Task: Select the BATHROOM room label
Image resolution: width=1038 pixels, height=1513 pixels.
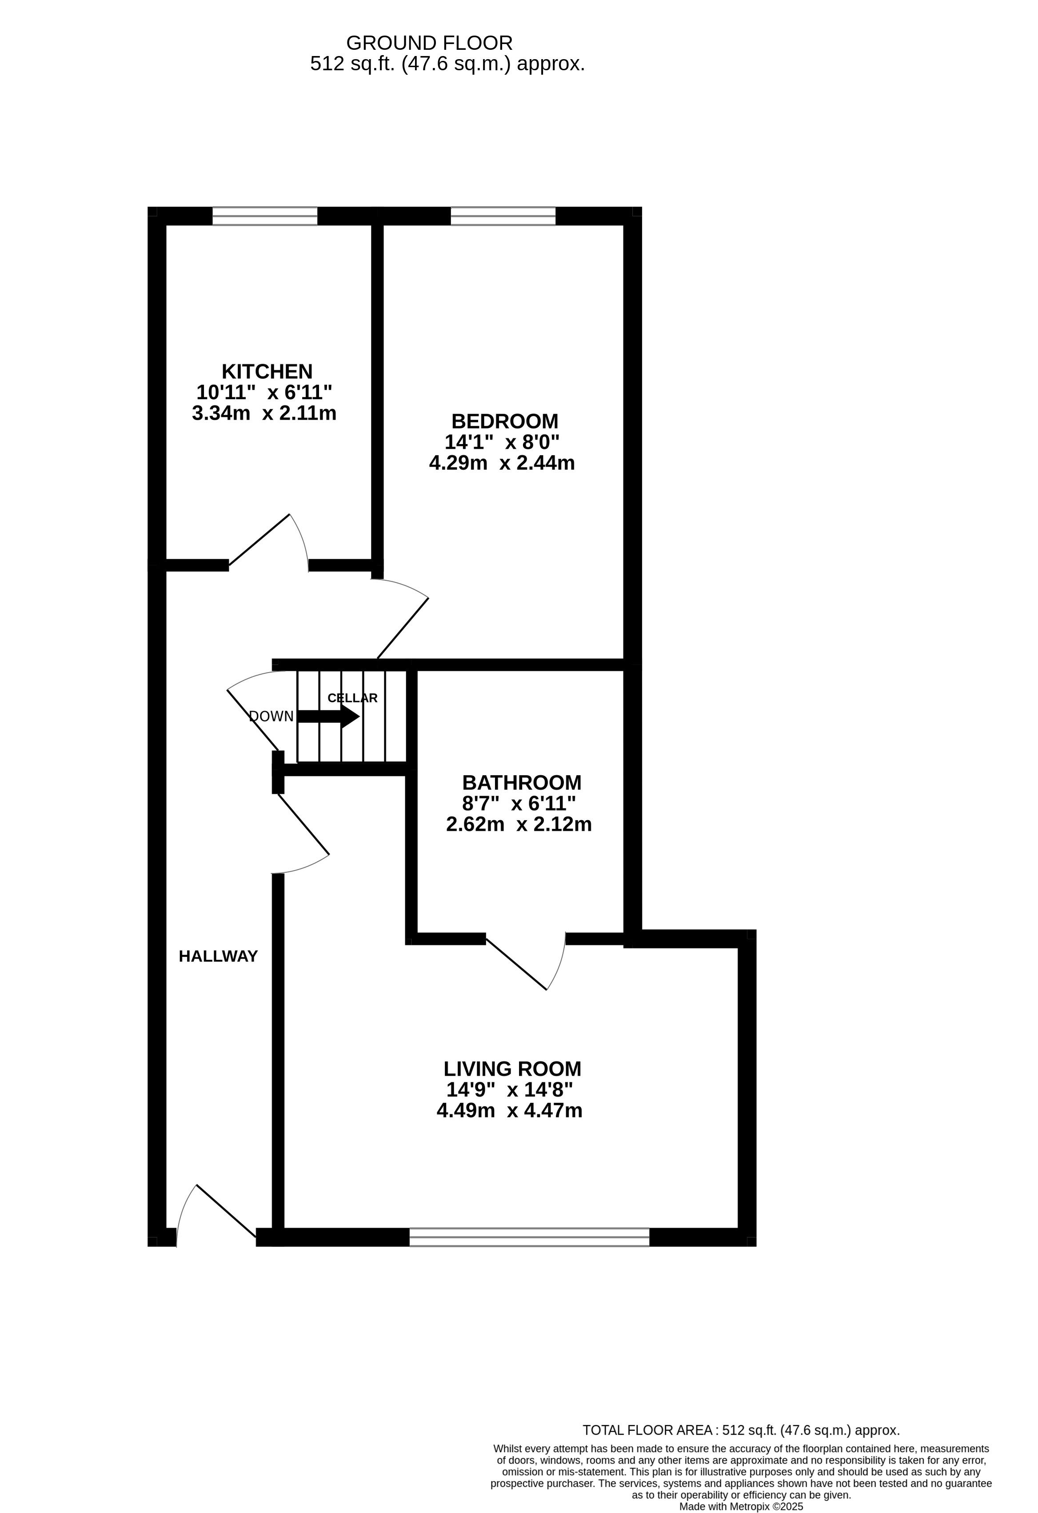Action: click(521, 783)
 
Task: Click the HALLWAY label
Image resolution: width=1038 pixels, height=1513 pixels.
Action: click(218, 957)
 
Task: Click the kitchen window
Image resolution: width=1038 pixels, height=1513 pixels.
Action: click(265, 216)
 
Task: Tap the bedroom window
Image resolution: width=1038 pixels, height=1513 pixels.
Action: click(503, 216)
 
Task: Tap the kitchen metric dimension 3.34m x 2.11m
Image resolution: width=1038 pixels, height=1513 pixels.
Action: click(264, 413)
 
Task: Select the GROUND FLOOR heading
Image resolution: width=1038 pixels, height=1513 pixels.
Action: click(430, 43)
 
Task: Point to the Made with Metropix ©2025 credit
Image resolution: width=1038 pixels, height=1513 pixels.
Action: click(741, 1506)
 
